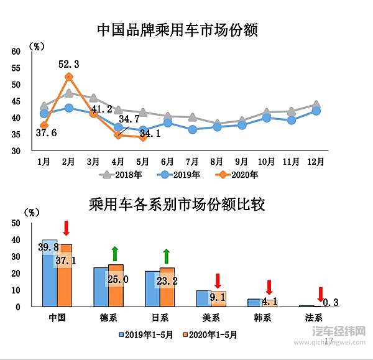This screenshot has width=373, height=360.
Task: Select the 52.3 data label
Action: tap(68, 64)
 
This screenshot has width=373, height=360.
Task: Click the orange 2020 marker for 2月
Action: tap(69, 77)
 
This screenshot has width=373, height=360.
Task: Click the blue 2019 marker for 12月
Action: tap(316, 111)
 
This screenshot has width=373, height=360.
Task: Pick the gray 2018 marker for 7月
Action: tap(193, 117)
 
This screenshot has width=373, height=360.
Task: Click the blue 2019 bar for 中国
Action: tap(50, 273)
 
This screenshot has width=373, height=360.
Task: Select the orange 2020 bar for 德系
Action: tap(116, 285)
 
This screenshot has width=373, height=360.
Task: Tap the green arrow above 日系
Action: tap(167, 256)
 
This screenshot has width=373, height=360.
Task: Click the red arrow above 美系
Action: tap(218, 280)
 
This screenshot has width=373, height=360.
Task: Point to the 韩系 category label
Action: tap(262, 316)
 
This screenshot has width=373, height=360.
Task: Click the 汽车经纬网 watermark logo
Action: tap(339, 331)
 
